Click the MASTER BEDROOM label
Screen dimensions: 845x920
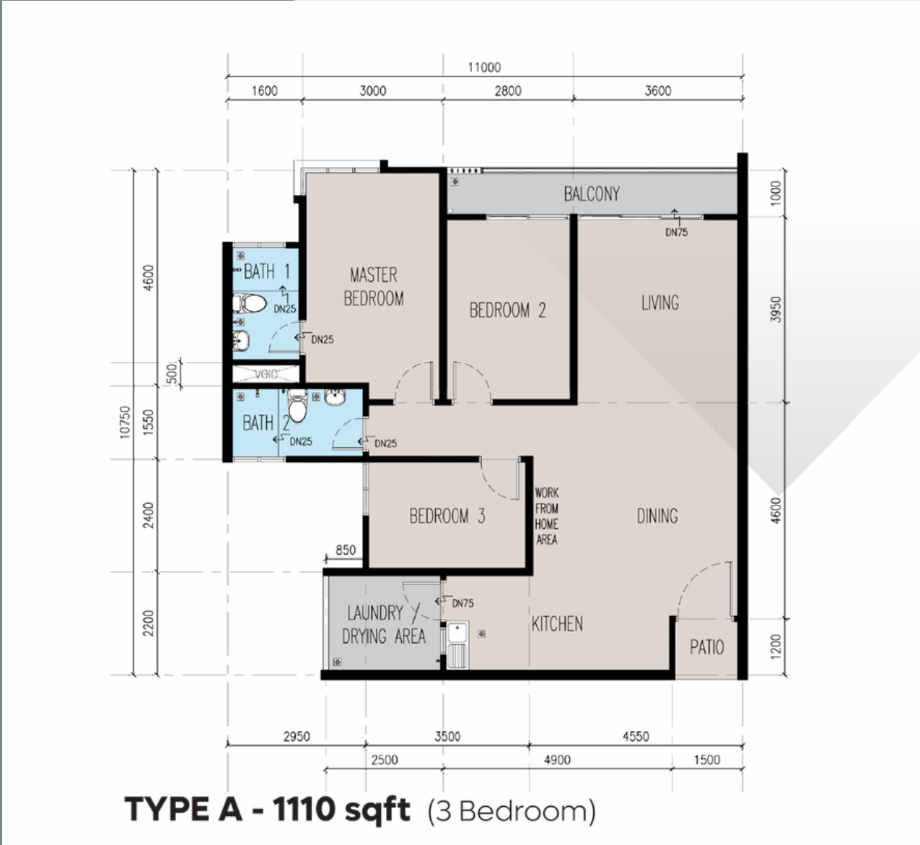click(x=373, y=287)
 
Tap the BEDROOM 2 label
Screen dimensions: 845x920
click(x=507, y=311)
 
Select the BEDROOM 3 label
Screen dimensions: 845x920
click(x=447, y=516)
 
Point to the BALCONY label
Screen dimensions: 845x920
click(x=592, y=194)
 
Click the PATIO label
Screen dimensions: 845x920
click(x=706, y=647)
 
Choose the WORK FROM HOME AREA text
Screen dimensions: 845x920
click(x=546, y=516)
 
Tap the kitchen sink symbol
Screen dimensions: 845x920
click(x=457, y=645)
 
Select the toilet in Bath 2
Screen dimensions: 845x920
click(x=297, y=404)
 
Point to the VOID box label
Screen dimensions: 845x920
click(x=266, y=374)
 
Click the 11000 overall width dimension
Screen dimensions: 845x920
click(x=484, y=67)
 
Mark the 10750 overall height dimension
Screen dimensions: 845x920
click(x=125, y=422)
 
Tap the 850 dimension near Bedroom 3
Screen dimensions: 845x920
click(x=346, y=550)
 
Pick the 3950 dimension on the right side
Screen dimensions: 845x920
click(x=776, y=308)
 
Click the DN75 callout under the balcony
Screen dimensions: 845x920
click(x=676, y=232)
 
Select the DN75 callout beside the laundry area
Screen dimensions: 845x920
click(x=463, y=603)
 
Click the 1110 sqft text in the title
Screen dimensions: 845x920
click(x=341, y=810)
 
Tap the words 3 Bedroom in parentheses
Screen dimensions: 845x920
click(x=512, y=811)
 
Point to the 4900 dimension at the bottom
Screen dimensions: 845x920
click(x=557, y=760)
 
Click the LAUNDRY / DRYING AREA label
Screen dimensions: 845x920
click(x=383, y=625)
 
